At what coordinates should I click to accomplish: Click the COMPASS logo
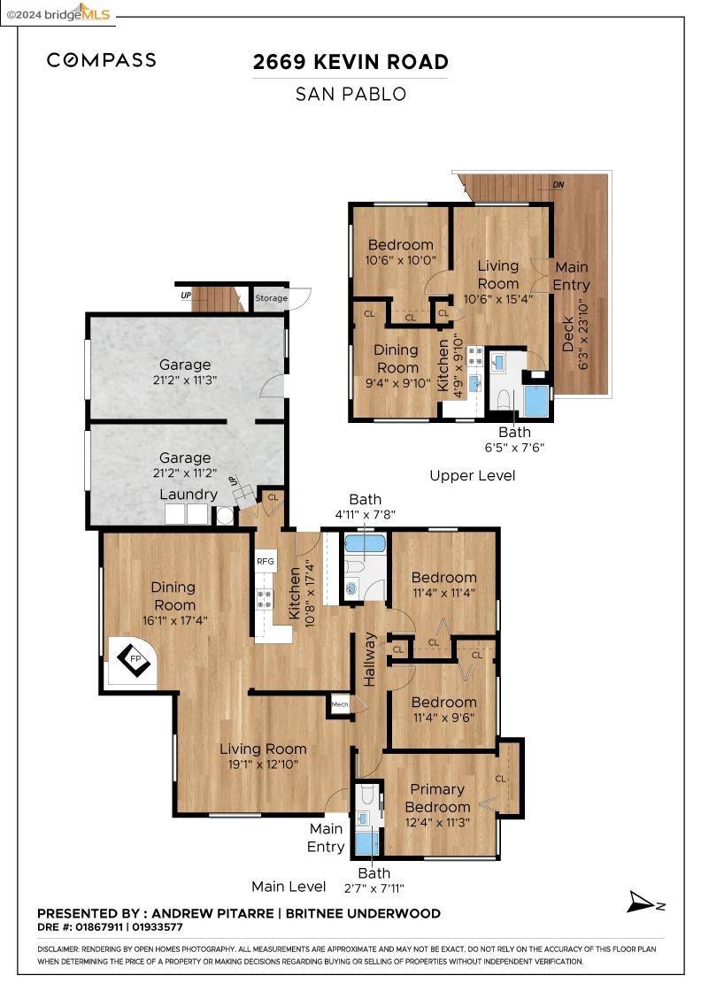[x=101, y=60]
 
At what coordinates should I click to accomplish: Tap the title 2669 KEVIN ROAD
[x=350, y=62]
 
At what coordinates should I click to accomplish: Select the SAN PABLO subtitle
[x=350, y=94]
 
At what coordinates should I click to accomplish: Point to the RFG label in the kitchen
[x=266, y=561]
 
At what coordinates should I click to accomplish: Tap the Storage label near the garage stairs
[x=272, y=298]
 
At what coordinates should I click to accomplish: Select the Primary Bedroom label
[x=437, y=798]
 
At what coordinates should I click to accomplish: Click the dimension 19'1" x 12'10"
[x=263, y=764]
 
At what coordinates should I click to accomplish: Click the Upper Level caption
[x=472, y=476]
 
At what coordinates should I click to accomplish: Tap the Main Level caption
[x=289, y=886]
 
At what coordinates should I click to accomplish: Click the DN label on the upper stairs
[x=558, y=185]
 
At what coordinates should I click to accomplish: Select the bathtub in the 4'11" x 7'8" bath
[x=364, y=543]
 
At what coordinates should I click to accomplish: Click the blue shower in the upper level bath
[x=536, y=401]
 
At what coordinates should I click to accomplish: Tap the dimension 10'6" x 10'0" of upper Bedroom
[x=400, y=261]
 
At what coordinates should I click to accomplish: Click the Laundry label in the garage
[x=189, y=494]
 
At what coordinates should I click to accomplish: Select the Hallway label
[x=371, y=659]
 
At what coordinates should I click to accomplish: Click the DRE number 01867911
[x=98, y=927]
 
